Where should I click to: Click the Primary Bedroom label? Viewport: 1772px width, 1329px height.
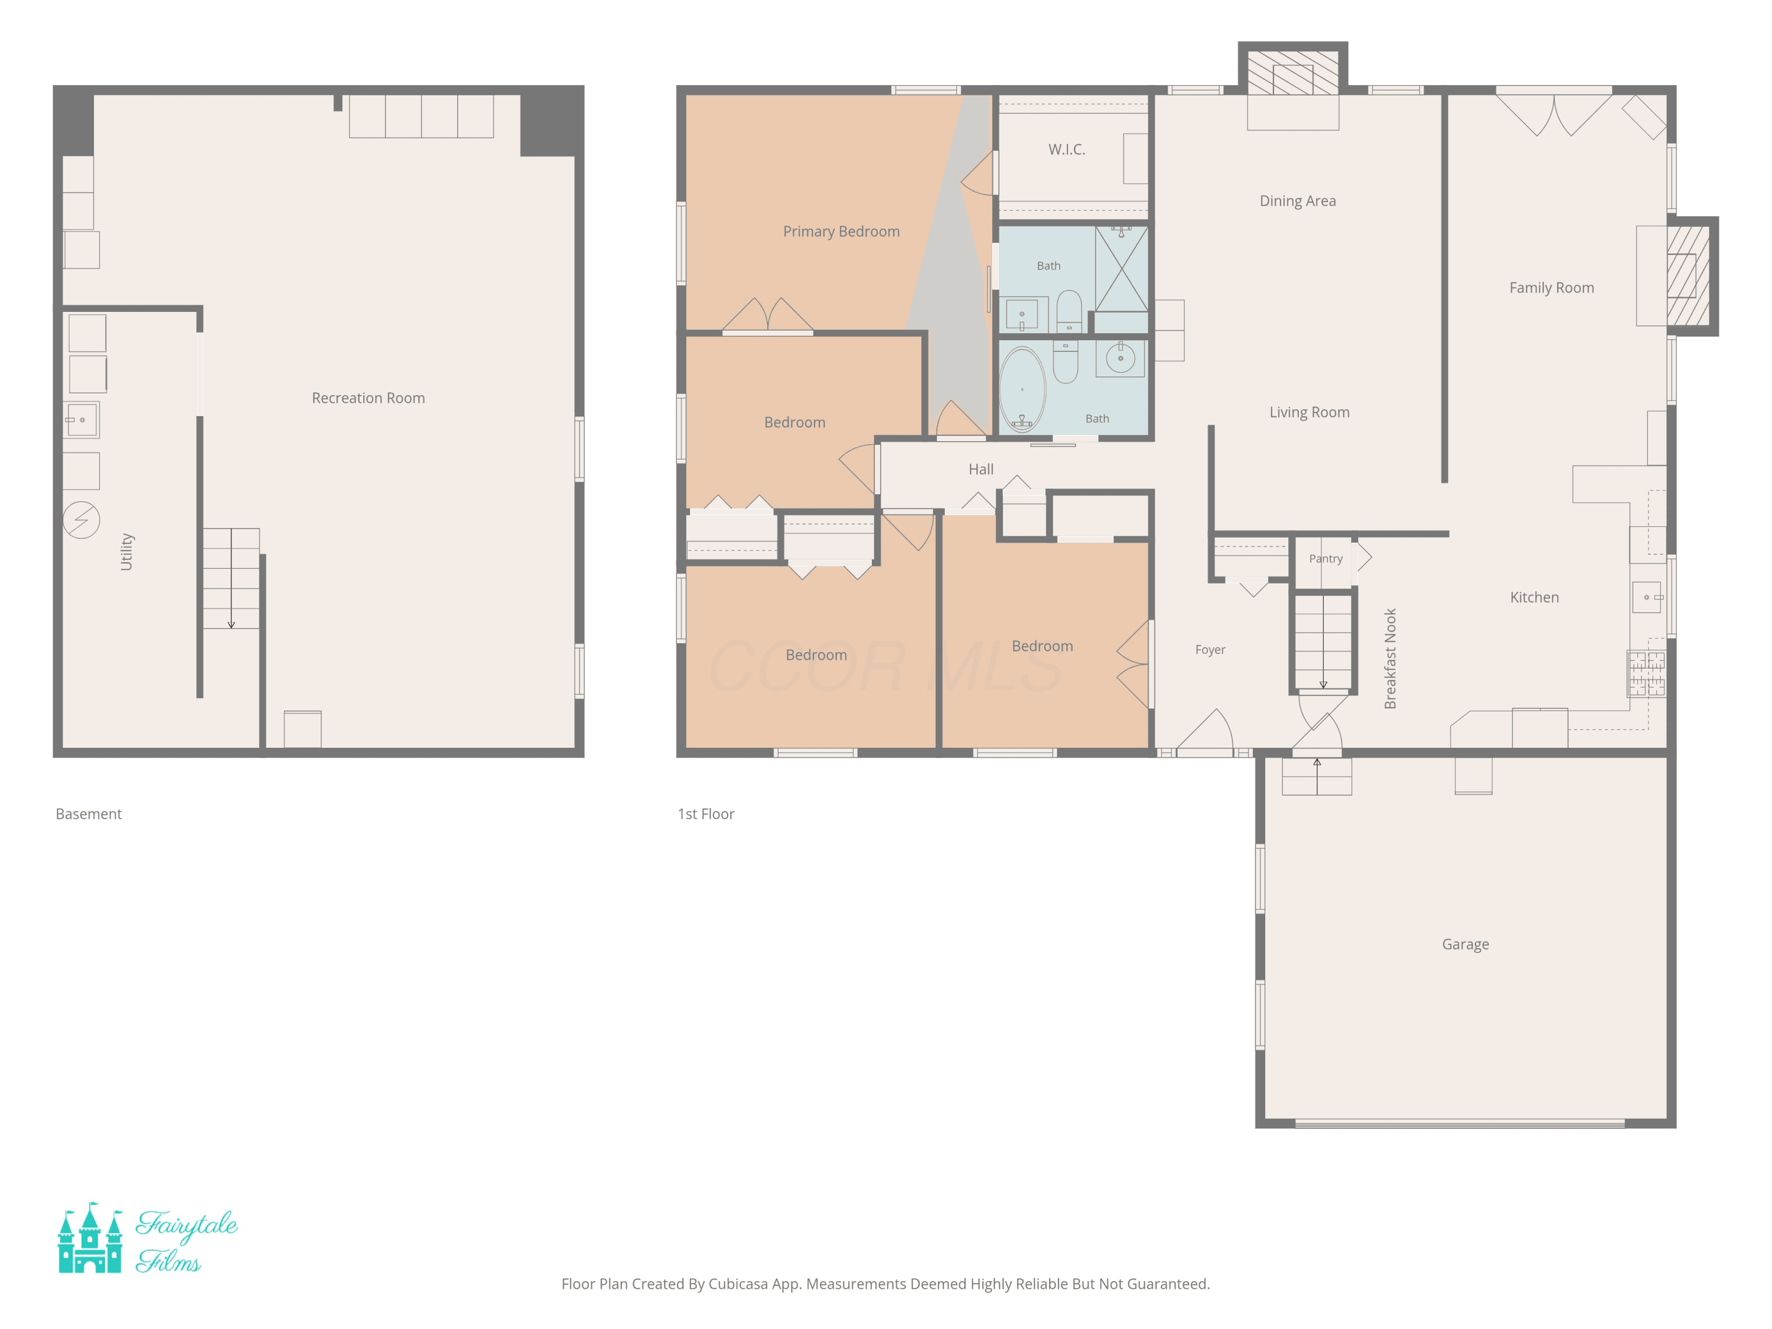[841, 232]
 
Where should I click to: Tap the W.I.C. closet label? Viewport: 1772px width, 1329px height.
[1066, 150]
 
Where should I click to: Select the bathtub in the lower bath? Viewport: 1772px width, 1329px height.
[1022, 389]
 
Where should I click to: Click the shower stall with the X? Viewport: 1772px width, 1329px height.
[1122, 268]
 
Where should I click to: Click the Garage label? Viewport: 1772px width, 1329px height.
[1465, 944]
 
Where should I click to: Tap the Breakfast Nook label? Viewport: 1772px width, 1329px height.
[1390, 659]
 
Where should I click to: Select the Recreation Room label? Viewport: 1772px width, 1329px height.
[369, 398]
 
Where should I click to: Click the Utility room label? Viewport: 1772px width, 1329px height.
[126, 552]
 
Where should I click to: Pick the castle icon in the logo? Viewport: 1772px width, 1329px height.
[90, 1237]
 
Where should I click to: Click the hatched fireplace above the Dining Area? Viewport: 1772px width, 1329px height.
[1293, 73]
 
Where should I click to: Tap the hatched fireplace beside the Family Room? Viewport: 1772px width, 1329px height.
[1689, 276]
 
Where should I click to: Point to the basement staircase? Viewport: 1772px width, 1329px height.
[231, 578]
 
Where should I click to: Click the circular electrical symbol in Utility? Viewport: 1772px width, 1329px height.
[82, 520]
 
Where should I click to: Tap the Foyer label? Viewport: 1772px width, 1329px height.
[1210, 650]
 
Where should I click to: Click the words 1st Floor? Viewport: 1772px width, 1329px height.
[706, 814]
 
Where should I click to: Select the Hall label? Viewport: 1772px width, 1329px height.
[981, 470]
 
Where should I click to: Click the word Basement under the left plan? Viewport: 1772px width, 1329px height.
[89, 814]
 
